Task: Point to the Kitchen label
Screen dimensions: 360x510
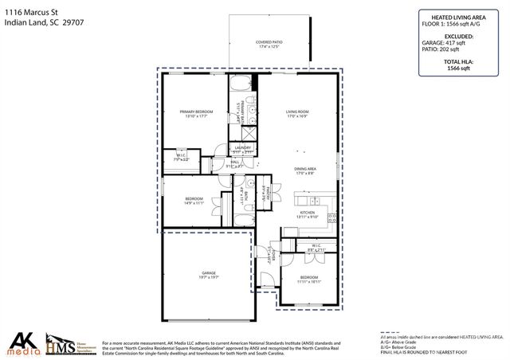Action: tap(308, 213)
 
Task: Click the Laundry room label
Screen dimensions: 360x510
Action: tap(243, 149)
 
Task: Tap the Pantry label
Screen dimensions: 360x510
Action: tap(269, 192)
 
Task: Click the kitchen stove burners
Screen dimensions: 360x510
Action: tap(332, 217)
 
